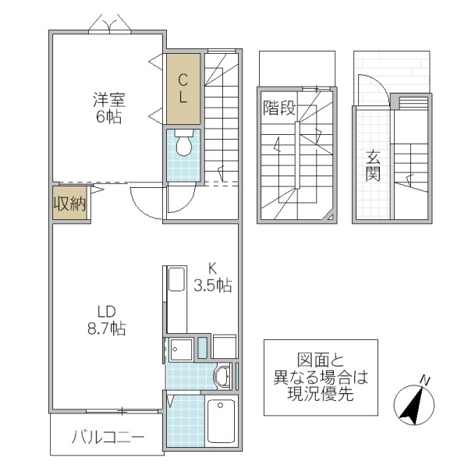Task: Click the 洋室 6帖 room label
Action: [x=108, y=108]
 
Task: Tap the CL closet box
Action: [x=182, y=87]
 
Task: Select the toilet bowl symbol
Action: [x=184, y=145]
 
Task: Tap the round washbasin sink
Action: [x=223, y=376]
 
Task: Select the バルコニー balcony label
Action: [x=108, y=438]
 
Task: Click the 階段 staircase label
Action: [x=278, y=108]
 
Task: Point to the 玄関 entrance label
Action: [x=373, y=164]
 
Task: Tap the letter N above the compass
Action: [x=425, y=380]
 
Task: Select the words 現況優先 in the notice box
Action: [x=320, y=395]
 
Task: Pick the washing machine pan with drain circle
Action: [x=181, y=349]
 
